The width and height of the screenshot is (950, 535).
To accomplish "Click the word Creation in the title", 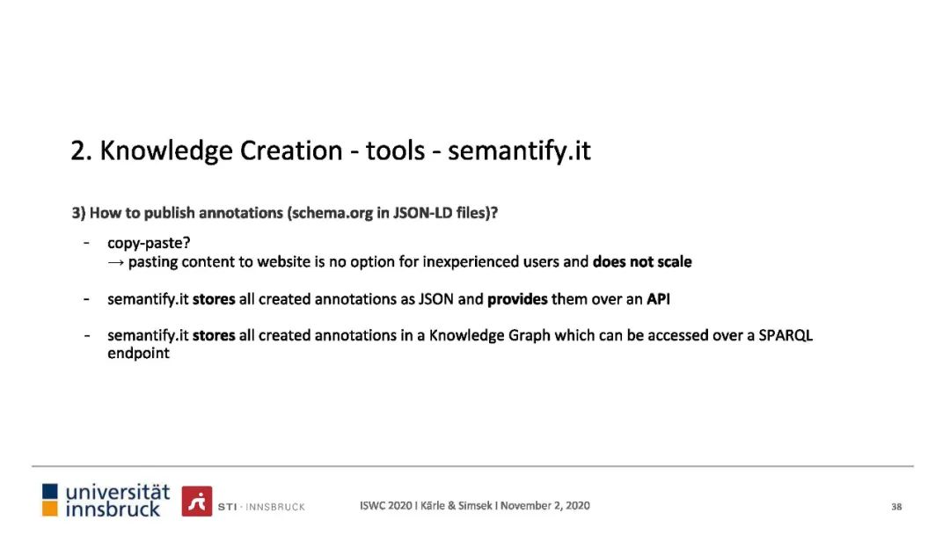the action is (291, 150).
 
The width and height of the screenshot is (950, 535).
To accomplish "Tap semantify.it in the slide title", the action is (519, 150).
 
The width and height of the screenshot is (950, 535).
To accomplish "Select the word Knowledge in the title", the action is (166, 151).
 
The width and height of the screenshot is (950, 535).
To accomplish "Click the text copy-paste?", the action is (149, 243).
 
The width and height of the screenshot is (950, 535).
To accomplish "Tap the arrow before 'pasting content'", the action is (116, 262).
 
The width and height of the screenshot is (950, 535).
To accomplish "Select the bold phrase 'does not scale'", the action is (642, 261).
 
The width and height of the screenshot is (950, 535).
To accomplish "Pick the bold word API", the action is (658, 298).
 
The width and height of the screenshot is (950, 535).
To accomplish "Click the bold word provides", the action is (517, 299).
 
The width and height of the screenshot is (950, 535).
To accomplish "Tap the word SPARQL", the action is (786, 335).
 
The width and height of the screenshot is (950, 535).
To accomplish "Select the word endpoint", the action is (138, 353).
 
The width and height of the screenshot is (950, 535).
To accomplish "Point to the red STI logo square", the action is (197, 501).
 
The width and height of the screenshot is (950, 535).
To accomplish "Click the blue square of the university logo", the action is (49, 491).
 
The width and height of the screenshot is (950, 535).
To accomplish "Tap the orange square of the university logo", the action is (49, 509).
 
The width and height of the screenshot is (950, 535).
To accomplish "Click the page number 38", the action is (896, 507).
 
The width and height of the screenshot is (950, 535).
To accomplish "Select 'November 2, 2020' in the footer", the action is (544, 505).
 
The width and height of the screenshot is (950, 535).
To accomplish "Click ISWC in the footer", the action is (372, 505).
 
